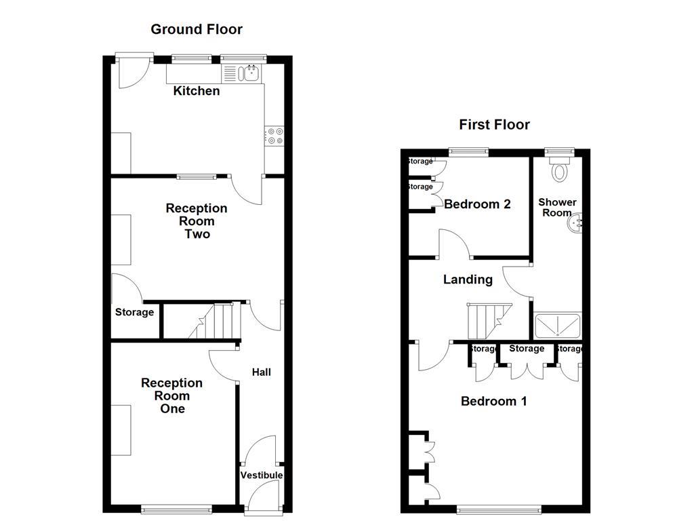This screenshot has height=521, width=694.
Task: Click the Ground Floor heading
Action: point(196,29)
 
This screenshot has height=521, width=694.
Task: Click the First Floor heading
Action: point(494,125)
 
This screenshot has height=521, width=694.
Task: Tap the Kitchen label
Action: point(197,91)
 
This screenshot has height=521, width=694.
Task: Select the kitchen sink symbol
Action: point(248,73)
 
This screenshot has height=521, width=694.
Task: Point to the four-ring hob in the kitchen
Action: point(274,136)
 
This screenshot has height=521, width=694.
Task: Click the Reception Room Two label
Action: point(197,221)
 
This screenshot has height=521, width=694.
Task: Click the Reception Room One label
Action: point(171,396)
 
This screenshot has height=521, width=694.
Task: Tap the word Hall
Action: point(261,372)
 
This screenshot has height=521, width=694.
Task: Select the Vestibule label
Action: point(261,475)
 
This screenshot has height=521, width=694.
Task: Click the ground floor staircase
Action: point(216,322)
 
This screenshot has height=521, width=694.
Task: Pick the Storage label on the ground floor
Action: point(134,313)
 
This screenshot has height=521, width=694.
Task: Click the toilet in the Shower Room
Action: point(560,170)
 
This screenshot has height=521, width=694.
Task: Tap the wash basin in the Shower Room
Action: point(575,224)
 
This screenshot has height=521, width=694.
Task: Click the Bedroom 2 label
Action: point(477,204)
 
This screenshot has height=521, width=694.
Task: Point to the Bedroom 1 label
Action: point(493,401)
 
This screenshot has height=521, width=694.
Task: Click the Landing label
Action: point(468,279)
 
